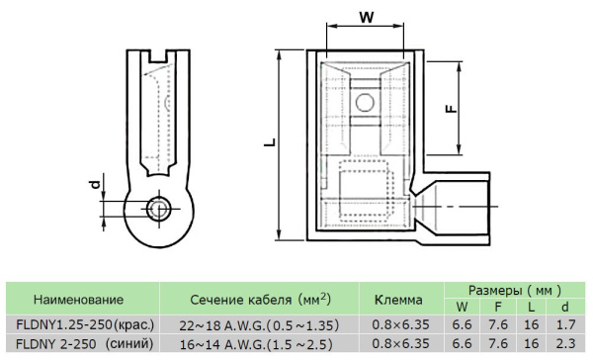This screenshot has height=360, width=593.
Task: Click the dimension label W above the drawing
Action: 367,17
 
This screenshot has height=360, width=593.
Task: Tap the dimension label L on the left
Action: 268,143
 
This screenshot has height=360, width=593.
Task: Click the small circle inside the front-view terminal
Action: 365,101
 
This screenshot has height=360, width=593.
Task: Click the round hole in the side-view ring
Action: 156,209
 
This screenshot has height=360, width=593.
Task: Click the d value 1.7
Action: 566,324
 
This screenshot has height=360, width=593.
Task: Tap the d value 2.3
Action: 566,344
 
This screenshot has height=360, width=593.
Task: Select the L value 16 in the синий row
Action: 532,344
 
